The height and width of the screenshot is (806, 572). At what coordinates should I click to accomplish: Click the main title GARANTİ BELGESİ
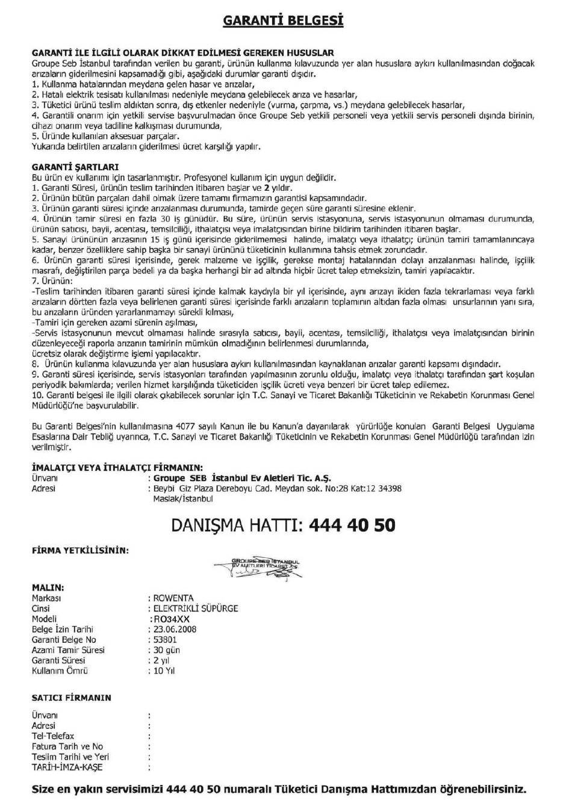tap(283, 21)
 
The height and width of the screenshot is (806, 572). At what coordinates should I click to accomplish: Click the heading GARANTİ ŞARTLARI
tap(75, 167)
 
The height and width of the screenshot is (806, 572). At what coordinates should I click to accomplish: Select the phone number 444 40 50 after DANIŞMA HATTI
tap(352, 525)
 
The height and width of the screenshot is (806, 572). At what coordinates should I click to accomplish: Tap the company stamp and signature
tap(265, 566)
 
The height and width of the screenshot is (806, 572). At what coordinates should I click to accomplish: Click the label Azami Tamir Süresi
tap(67, 650)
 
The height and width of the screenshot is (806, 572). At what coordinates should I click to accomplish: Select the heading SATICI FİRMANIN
tap(71, 698)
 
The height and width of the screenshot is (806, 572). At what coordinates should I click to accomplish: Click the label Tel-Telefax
tap(52, 736)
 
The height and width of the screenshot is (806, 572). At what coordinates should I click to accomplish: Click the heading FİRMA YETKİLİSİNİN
tap(79, 550)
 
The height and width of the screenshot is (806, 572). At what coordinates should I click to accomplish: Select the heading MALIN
tap(48, 587)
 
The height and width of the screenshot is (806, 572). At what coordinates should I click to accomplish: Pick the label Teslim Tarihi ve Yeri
tap(70, 757)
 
